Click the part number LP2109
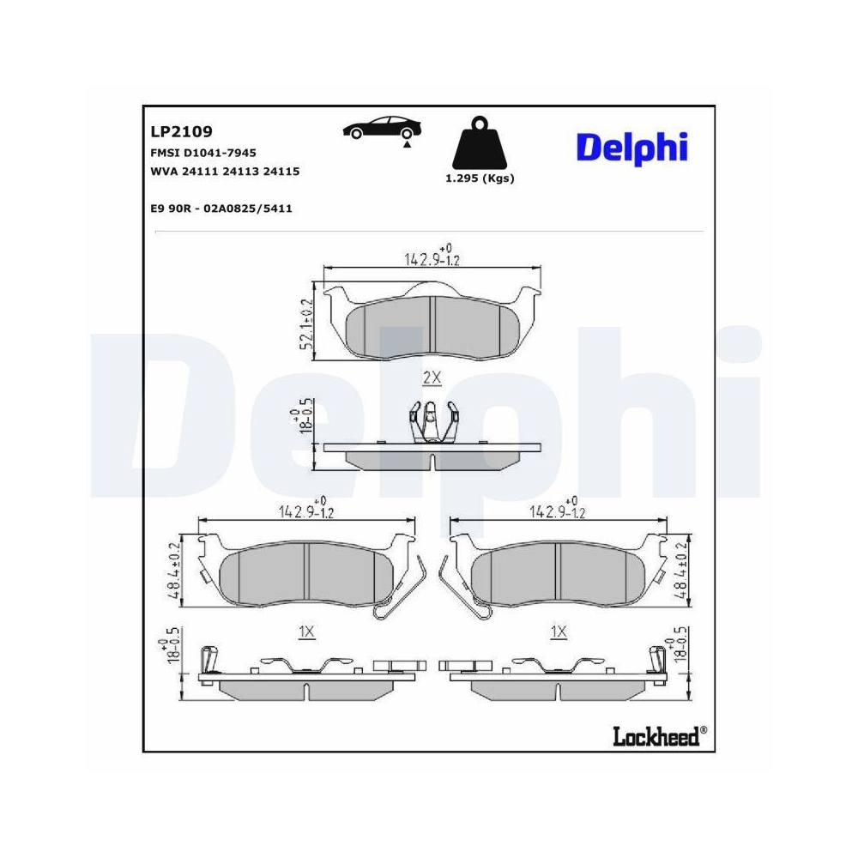click(181, 132)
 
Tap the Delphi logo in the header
click(631, 147)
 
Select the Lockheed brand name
click(656, 736)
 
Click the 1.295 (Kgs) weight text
click(479, 178)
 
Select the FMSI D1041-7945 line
click(203, 153)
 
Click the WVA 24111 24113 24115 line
click(225, 172)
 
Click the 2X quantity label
click(432, 377)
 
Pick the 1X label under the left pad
click(306, 631)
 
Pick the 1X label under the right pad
click(559, 631)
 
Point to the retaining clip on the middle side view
click(432, 423)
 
